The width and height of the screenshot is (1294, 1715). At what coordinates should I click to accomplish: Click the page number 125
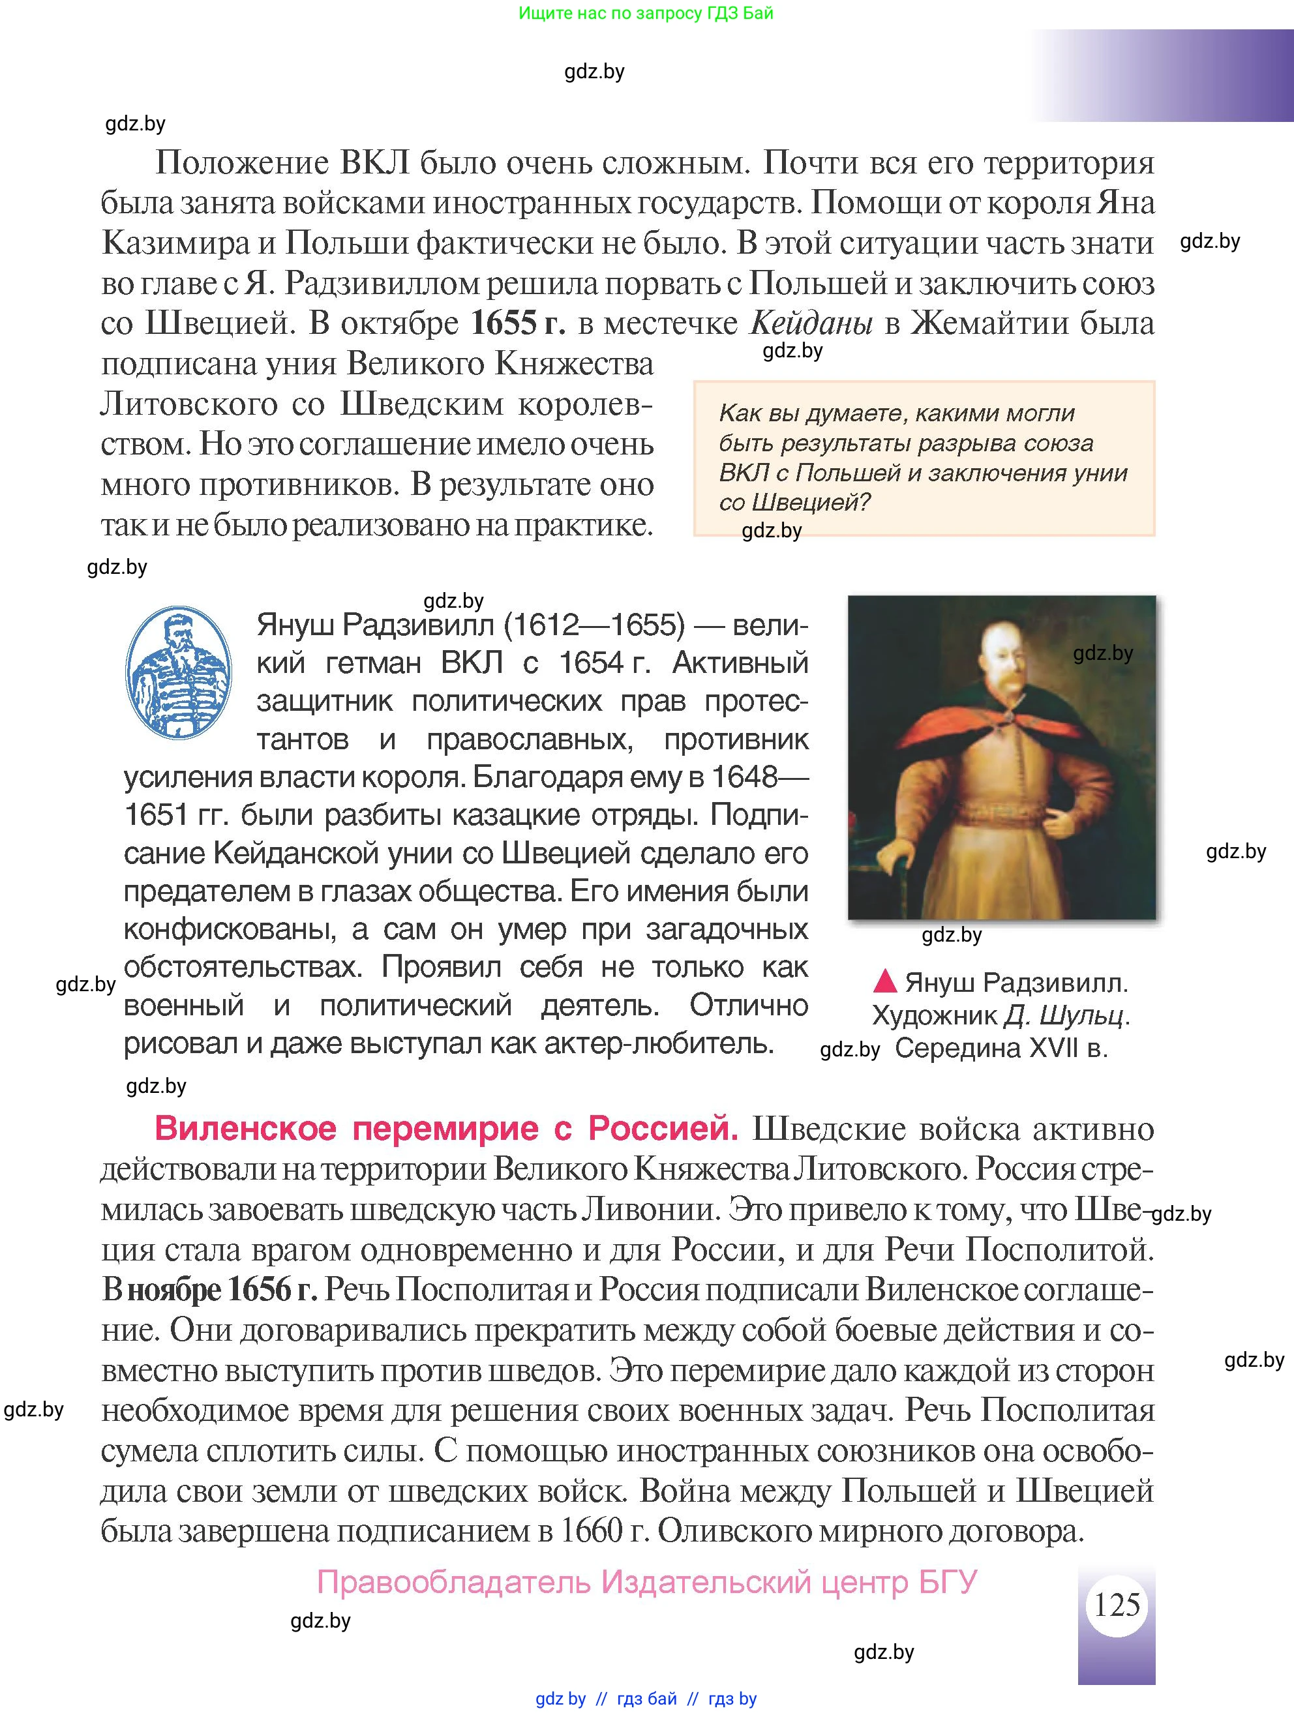click(1117, 1604)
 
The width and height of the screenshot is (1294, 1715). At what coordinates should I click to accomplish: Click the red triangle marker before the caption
click(884, 981)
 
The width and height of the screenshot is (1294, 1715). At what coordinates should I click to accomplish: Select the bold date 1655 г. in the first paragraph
click(518, 323)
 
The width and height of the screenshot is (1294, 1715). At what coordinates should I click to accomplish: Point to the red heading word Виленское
click(245, 1128)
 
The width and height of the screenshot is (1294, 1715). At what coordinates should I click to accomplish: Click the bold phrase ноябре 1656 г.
click(222, 1289)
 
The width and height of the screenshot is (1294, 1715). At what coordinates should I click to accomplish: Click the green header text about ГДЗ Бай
click(645, 13)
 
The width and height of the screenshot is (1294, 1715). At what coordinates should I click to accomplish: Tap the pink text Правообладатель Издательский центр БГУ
click(646, 1581)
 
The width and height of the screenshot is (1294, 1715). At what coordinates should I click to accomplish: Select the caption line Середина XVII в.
click(1001, 1048)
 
